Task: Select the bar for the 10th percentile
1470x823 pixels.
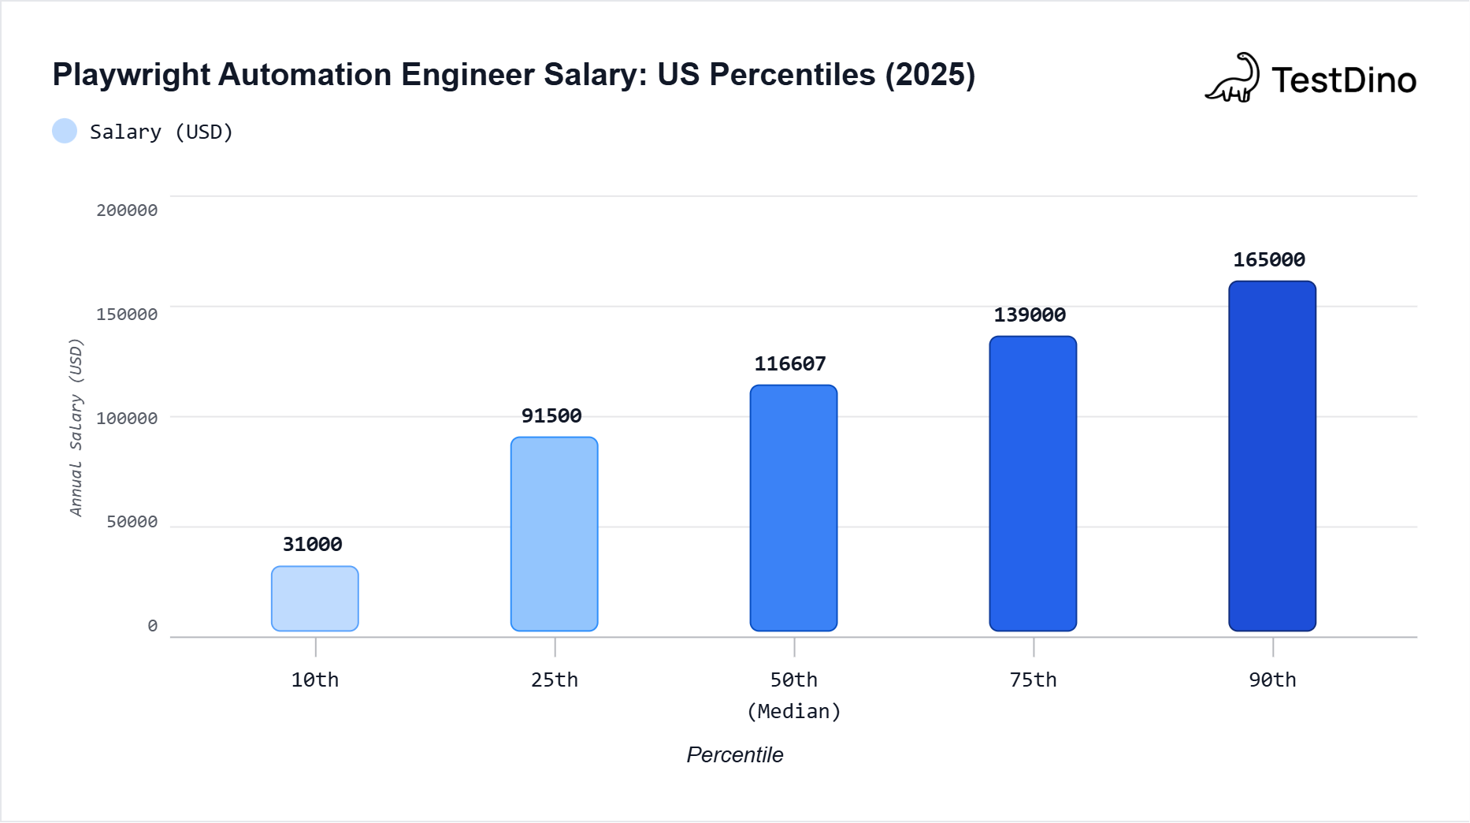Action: point(315,598)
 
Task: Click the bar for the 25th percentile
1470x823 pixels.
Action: point(555,534)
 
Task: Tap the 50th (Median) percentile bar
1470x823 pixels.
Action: point(793,508)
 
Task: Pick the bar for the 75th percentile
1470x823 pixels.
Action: point(1033,483)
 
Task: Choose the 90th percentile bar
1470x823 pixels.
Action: point(1272,456)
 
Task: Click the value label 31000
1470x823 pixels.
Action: point(313,544)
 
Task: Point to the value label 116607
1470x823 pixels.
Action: point(790,363)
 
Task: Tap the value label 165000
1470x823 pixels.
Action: point(1269,259)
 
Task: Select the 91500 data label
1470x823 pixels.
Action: point(551,415)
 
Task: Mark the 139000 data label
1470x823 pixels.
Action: point(1030,315)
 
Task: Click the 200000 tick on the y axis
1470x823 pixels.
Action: point(127,210)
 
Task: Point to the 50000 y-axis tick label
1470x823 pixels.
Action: point(132,522)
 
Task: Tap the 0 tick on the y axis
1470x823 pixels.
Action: point(152,626)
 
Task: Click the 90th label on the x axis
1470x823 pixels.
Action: point(1272,680)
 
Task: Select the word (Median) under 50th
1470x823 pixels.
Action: point(794,711)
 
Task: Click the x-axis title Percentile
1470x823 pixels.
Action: point(735,754)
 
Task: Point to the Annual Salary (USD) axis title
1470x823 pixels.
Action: point(76,427)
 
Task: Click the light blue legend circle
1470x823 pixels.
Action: point(65,131)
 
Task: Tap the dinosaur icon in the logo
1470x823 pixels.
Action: point(1232,78)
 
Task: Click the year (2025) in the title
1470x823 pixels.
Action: point(930,75)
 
